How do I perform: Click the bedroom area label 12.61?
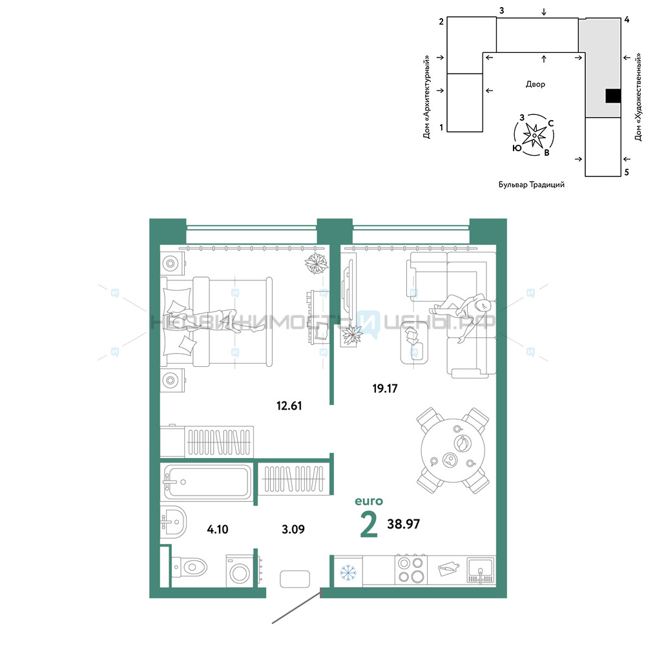pos(289,406)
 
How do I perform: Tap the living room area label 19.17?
pos(385,388)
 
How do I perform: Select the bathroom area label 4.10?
pos(218,529)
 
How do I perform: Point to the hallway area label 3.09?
pos(293,529)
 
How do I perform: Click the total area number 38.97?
pos(403,524)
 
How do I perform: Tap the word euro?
pos(369,501)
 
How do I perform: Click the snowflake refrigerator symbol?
pos(348,572)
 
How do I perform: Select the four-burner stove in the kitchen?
pos(411,570)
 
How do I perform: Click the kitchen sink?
pos(481,570)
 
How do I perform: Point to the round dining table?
pos(453,451)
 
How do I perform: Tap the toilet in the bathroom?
pos(189,567)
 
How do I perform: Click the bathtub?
pos(208,482)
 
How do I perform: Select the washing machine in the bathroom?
pos(239,572)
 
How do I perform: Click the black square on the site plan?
pos(613,96)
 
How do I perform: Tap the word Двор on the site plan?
pos(535,84)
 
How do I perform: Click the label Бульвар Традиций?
pos(532,185)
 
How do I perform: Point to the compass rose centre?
pos(534,135)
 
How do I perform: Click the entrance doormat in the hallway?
pos(295,579)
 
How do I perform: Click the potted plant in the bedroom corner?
pos(317,263)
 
